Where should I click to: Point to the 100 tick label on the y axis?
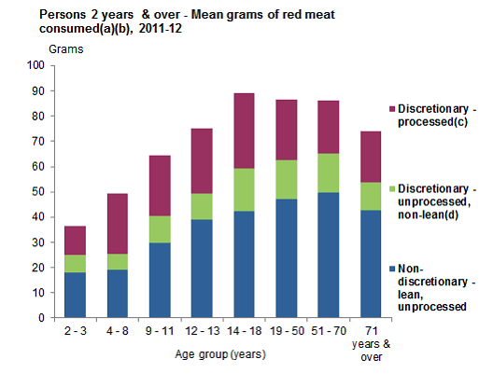tap(36, 65)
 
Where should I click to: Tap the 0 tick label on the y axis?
tap(42, 318)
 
